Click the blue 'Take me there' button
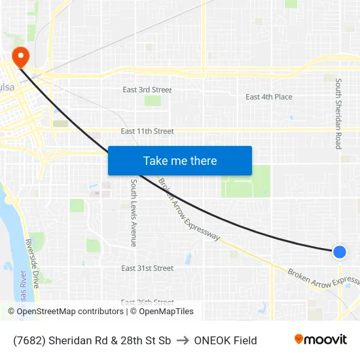(x=180, y=161)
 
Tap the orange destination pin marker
(x=20, y=56)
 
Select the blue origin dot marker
(x=339, y=251)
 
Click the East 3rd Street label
(x=147, y=90)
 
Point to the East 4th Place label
(x=269, y=97)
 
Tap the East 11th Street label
(x=147, y=132)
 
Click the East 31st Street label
(x=147, y=268)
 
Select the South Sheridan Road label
(x=338, y=114)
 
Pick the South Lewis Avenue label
(x=134, y=213)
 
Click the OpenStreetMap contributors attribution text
(x=70, y=312)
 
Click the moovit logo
(x=320, y=340)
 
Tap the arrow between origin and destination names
(x=182, y=340)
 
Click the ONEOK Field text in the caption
(x=225, y=340)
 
